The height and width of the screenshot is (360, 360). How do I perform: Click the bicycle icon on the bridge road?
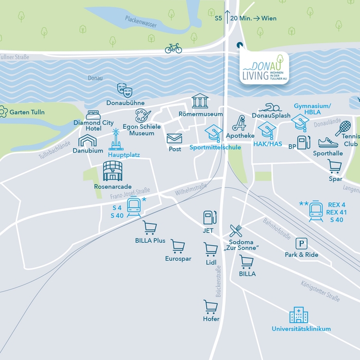173,48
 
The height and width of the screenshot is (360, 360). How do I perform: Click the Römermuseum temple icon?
200,101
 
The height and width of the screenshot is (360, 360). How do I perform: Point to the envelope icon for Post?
174,138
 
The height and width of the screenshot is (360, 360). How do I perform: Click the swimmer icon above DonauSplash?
269,107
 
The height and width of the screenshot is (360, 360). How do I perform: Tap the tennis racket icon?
343,128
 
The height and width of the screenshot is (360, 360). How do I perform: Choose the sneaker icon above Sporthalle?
328,142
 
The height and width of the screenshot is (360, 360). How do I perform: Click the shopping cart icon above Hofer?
210,307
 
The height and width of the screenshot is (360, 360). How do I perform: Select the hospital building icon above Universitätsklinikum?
298,315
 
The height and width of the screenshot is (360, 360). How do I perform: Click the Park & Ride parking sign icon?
301,243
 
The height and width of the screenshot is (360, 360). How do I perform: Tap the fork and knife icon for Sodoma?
236,230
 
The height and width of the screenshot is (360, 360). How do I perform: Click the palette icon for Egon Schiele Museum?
142,115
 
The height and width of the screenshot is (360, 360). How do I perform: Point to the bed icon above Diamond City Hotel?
93,115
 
